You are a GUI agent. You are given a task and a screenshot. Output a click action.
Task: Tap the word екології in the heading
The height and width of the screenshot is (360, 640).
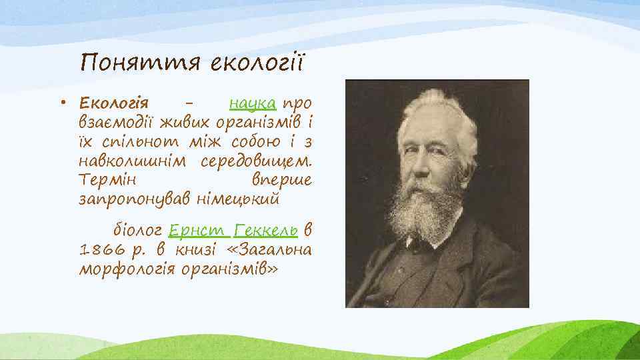256,63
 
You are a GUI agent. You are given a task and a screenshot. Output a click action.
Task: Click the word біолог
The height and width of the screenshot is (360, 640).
136,231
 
